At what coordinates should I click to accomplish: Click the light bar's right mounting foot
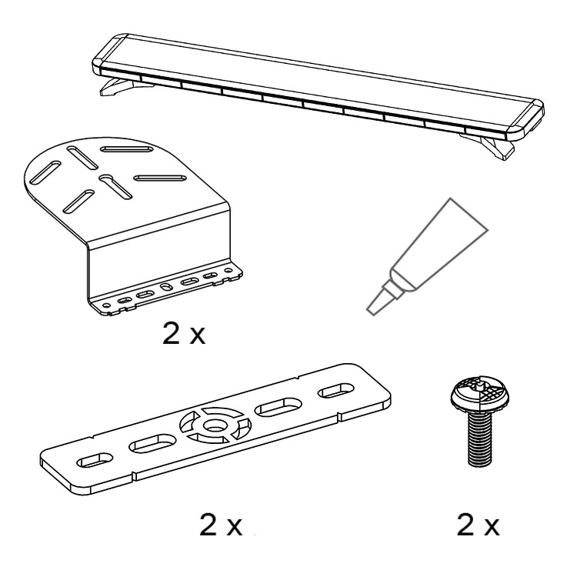point(489,145)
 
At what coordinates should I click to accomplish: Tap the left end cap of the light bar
point(110,52)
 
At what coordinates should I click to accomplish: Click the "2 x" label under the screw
point(478,525)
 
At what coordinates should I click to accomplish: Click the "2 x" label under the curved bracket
point(184,334)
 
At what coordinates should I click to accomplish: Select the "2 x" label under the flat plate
point(221,525)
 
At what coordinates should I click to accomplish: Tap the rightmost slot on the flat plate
point(335,391)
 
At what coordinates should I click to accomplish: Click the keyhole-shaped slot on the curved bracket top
point(115,186)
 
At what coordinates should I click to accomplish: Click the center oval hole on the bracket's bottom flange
point(166,287)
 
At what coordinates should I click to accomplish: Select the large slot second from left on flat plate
point(152,443)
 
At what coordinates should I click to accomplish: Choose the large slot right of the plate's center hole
point(278,407)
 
